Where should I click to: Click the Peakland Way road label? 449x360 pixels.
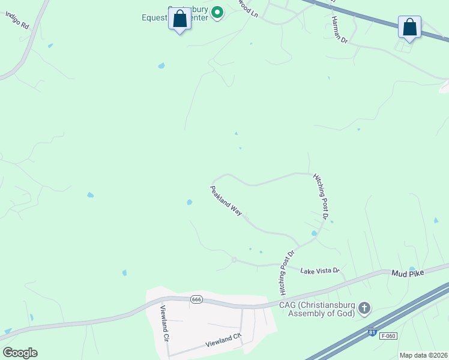tap(226, 201)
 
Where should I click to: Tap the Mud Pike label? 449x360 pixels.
tap(408, 273)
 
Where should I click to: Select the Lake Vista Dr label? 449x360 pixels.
tap(320, 271)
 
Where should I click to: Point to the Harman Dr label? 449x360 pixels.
tap(339, 29)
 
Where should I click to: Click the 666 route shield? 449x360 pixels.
tap(196, 299)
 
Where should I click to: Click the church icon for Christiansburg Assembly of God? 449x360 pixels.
tap(364, 309)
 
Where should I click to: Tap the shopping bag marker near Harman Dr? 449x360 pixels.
tap(409, 28)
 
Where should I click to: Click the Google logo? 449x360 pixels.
tap(20, 353)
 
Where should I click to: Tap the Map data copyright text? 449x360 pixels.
tap(423, 355)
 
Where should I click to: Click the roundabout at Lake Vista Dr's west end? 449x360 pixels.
tap(234, 260)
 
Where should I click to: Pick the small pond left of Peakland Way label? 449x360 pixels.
tap(190, 202)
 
